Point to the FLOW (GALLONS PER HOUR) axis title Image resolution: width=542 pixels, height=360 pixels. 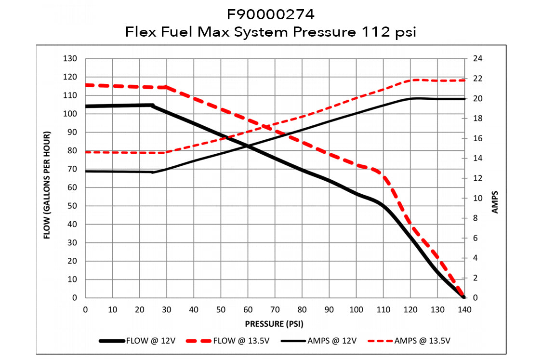pyautogui.click(x=47, y=186)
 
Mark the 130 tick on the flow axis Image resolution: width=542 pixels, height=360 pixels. pyautogui.click(x=71, y=59)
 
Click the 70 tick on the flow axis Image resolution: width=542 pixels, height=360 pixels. pyautogui.click(x=73, y=169)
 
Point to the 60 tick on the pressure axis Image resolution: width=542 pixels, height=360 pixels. pyautogui.click(x=248, y=309)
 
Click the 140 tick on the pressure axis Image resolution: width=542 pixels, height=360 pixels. pyautogui.click(x=464, y=309)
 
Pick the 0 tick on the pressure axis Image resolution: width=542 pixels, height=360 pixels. pyautogui.click(x=85, y=309)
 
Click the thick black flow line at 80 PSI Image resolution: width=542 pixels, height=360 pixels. pyautogui.click(x=302, y=170)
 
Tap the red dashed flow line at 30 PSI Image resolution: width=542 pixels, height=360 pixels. pyautogui.click(x=166, y=87)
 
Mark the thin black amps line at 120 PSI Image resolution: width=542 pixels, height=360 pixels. pyautogui.click(x=410, y=99)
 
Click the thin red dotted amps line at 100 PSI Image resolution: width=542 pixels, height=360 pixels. pyautogui.click(x=356, y=98)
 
